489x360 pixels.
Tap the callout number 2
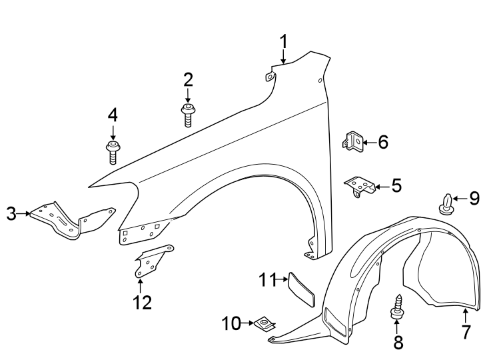[x=189, y=81]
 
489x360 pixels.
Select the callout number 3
[x=11, y=213]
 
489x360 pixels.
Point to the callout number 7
[x=466, y=331]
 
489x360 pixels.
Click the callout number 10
[x=231, y=324]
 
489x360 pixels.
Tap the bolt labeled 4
[x=113, y=151]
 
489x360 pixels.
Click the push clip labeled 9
[x=446, y=205]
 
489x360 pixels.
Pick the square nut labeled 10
[x=264, y=325]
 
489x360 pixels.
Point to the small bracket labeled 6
[x=354, y=141]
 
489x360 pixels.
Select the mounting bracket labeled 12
[x=151, y=261]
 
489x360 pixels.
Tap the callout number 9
[x=474, y=197]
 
